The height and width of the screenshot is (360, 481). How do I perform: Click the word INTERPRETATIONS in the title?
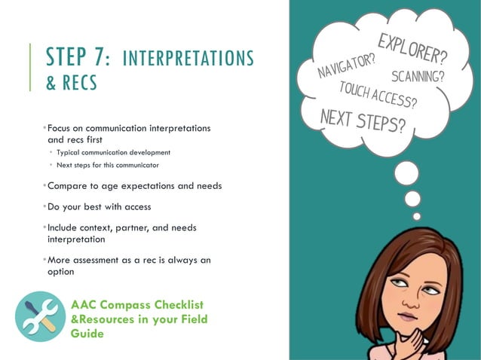[x=188, y=58]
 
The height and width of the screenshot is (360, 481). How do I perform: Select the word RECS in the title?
[x=79, y=83]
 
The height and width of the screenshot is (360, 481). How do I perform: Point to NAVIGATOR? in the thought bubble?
[x=347, y=63]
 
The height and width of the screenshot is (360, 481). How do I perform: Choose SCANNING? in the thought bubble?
[x=418, y=76]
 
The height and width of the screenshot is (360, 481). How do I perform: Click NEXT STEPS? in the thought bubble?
[x=362, y=121]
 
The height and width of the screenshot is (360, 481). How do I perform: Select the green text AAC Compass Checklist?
[x=137, y=305]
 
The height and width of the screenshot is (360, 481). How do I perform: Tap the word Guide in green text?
[x=87, y=333]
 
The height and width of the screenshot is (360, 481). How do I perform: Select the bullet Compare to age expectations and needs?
[x=134, y=186]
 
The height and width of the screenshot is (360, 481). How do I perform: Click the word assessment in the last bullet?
[x=104, y=261]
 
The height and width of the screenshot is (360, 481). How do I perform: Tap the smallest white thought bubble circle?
[x=417, y=216]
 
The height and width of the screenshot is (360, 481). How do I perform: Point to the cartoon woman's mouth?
[x=409, y=316]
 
